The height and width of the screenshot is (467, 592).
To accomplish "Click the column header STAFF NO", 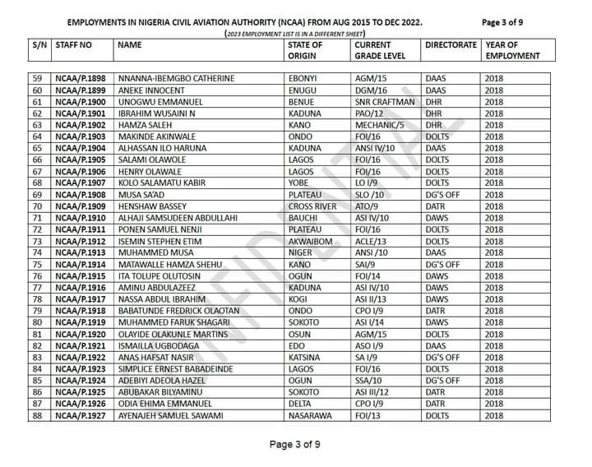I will [74, 44].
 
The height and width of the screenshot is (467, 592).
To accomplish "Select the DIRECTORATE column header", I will [451, 44].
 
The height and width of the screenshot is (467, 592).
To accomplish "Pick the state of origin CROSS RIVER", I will [313, 206].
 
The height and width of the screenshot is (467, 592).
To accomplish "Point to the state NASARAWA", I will [310, 416].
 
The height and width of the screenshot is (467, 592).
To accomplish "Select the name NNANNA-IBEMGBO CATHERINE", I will [177, 78].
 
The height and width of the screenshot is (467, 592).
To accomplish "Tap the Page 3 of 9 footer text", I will [295, 445].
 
